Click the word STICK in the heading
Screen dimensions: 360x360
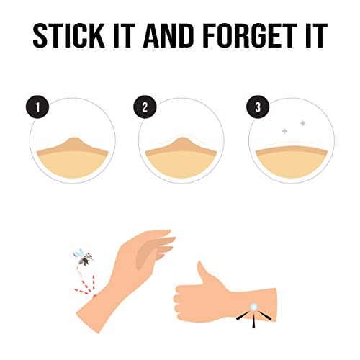point(68,35)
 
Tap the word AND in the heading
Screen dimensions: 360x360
point(168,35)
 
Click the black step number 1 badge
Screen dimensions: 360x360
point(37,107)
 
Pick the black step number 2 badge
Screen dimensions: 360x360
point(145,107)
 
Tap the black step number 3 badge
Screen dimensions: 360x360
point(258,107)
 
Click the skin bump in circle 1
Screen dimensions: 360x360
point(74,144)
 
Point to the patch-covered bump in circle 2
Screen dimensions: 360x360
point(181,144)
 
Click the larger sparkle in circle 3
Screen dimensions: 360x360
point(303,123)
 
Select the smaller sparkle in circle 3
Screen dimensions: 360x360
point(285,131)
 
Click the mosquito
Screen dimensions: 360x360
point(84,257)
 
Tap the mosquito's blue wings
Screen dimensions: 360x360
point(78,253)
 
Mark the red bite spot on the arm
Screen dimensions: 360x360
point(95,297)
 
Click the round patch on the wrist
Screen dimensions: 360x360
point(254,307)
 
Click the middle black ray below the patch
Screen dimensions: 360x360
point(253,321)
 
